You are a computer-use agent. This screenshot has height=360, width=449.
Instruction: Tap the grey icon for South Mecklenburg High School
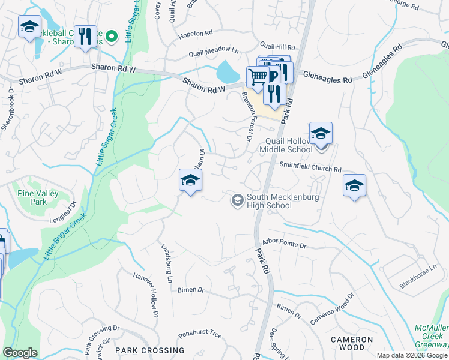click(x=238, y=199)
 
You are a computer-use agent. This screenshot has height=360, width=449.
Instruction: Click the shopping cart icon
click(x=258, y=76)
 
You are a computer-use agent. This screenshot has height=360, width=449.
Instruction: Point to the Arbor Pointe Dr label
click(x=285, y=246)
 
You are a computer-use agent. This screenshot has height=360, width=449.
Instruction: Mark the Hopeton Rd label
click(x=196, y=35)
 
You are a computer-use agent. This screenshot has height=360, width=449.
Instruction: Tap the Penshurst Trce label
click(x=200, y=335)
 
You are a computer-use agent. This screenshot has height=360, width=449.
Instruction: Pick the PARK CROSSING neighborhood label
click(x=150, y=350)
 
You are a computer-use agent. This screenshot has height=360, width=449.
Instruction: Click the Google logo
click(x=20, y=353)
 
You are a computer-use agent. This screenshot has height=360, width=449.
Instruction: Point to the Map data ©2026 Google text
click(x=412, y=355)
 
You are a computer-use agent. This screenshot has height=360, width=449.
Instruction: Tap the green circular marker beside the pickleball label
click(x=111, y=38)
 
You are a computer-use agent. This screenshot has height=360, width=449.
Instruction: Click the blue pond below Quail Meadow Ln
click(x=228, y=73)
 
